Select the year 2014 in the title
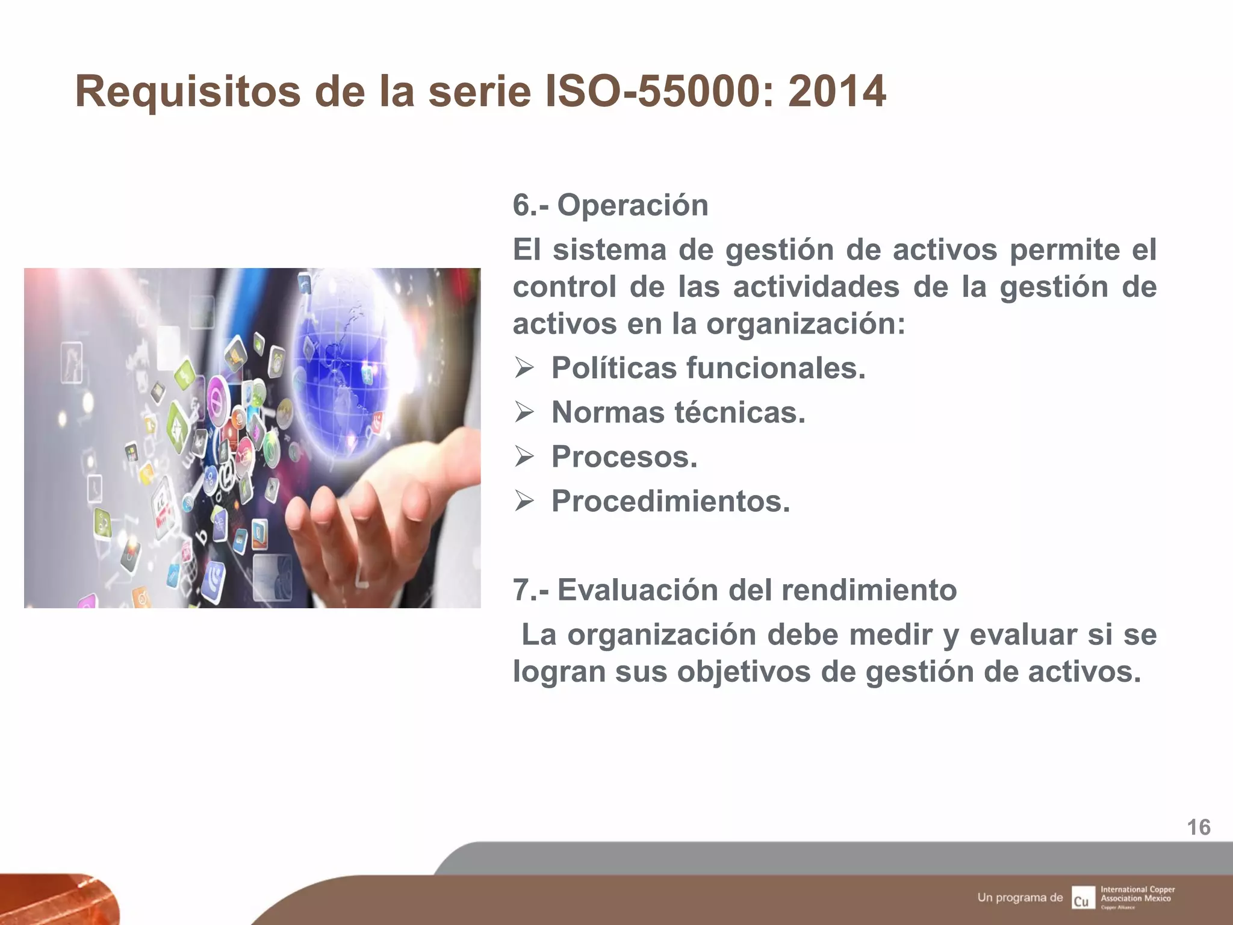click(x=837, y=92)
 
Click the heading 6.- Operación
click(x=610, y=205)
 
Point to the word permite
click(x=1064, y=250)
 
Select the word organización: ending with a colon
click(x=806, y=324)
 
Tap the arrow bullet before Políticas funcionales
click(x=524, y=368)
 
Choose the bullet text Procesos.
click(x=624, y=456)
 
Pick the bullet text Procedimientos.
click(x=671, y=501)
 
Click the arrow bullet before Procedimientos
click(x=524, y=501)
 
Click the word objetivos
click(x=744, y=672)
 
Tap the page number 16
click(x=1199, y=827)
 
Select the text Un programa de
click(x=1020, y=897)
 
